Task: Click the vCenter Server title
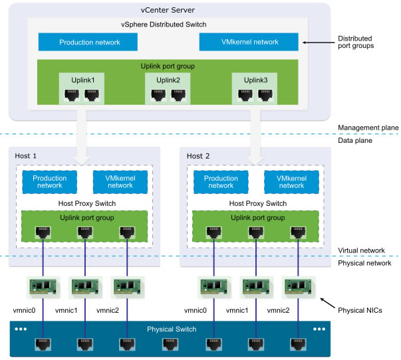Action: [x=168, y=10]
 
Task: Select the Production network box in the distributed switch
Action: [x=88, y=42]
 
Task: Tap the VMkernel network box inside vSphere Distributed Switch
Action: [x=249, y=42]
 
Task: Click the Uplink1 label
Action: [x=83, y=80]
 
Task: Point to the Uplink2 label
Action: [x=168, y=80]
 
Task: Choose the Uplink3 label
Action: [x=255, y=80]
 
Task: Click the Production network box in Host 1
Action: [x=50, y=182]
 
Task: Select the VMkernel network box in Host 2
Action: [x=291, y=182]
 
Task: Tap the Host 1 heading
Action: [x=25, y=156]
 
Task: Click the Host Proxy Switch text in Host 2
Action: [x=258, y=203]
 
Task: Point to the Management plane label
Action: [x=368, y=128]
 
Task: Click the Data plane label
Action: [x=355, y=140]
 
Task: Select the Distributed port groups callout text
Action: [x=356, y=42]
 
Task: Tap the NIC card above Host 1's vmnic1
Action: [x=85, y=287]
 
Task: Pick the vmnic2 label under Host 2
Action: [x=278, y=310]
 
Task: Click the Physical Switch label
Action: [x=172, y=329]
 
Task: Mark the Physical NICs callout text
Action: [x=360, y=310]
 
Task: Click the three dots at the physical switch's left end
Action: [x=21, y=329]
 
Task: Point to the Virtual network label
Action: [x=361, y=250]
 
